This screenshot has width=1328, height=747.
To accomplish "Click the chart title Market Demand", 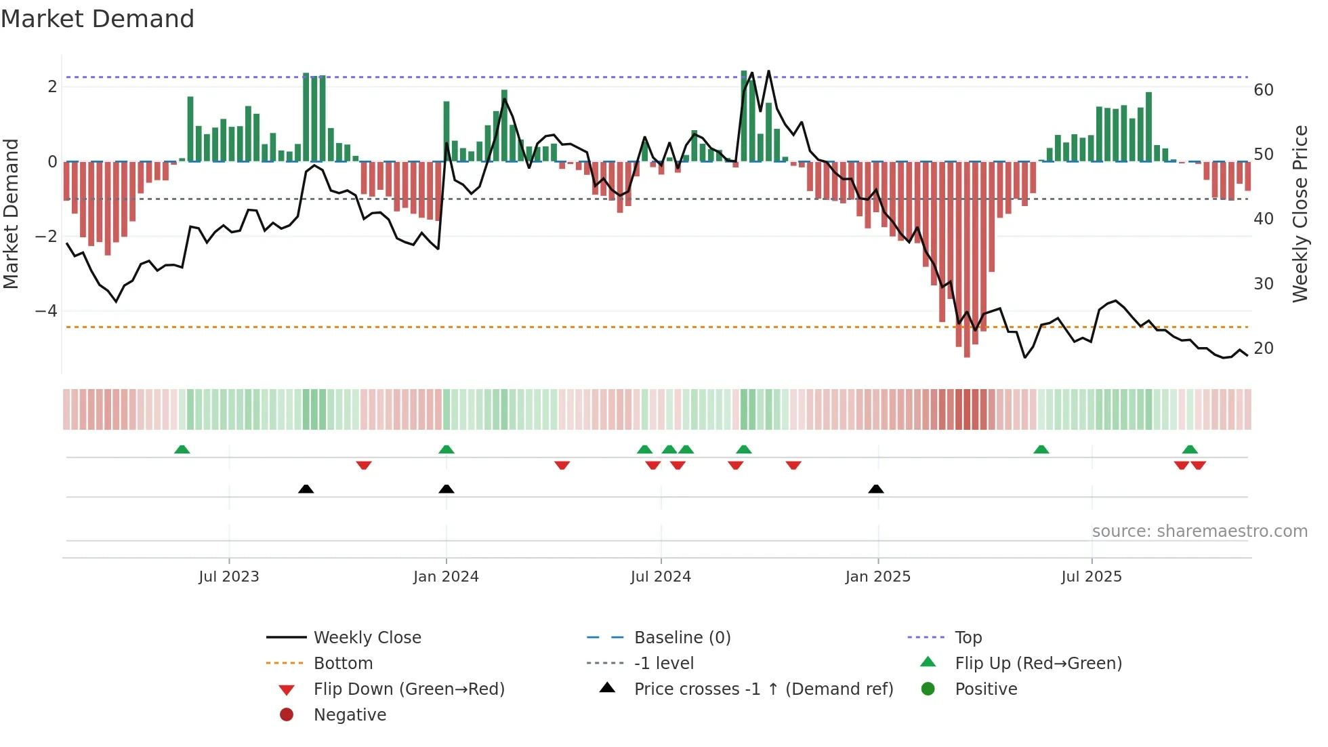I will [98, 19].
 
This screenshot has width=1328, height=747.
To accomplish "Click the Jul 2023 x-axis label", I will [229, 577].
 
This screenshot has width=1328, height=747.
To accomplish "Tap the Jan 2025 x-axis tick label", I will [877, 577].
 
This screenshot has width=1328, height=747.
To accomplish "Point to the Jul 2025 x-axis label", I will [1092, 577].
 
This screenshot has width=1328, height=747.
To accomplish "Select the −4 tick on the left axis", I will [46, 311].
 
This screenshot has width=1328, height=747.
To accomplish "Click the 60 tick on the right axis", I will [1264, 90].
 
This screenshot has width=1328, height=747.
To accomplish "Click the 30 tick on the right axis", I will [1264, 284].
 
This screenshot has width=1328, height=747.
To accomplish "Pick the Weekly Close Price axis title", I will [1300, 214].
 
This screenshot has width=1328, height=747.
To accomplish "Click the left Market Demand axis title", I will [11, 214].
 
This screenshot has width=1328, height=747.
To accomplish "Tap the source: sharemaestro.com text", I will [1199, 531].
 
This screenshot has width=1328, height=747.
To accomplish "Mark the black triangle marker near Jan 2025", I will [876, 489].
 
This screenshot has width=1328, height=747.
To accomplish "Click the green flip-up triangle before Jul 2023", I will [182, 449].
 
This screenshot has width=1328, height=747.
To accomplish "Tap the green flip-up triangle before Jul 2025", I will [1041, 449].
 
